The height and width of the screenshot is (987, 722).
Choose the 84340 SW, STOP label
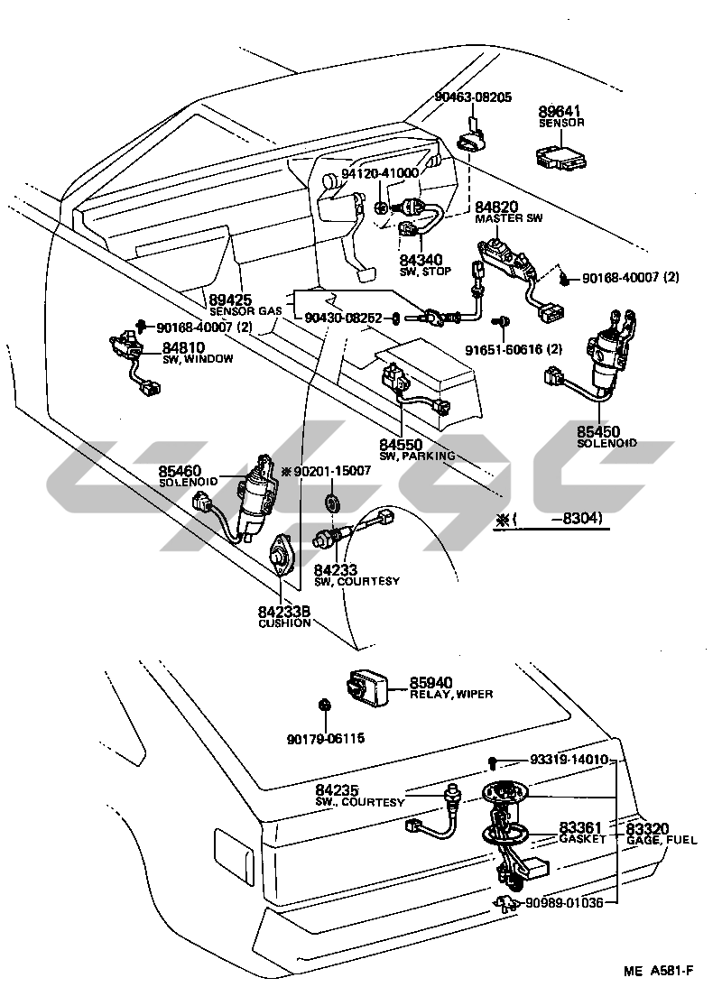coord(424,264)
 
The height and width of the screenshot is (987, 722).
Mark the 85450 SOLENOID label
coord(606,437)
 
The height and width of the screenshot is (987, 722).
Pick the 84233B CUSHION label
coord(284,617)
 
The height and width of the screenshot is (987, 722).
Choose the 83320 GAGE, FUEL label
coord(660,833)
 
